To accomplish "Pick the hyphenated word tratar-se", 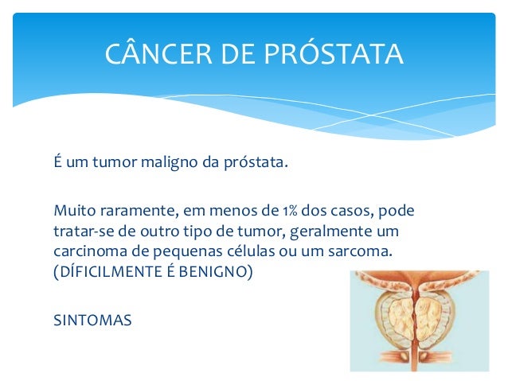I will [82, 231].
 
